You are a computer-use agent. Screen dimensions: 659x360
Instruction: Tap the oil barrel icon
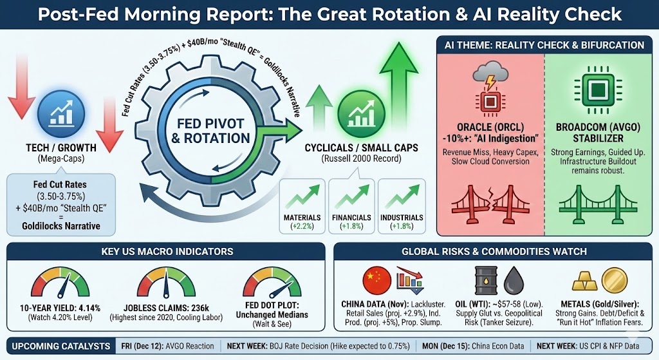[486, 281]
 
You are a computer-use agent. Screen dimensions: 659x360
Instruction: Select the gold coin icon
[615, 280]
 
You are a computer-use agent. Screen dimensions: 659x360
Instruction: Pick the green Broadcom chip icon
[598, 89]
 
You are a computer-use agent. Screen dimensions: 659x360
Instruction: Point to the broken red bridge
[490, 204]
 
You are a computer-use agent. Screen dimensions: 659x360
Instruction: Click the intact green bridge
[598, 204]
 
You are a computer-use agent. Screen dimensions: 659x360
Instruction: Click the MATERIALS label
[302, 218]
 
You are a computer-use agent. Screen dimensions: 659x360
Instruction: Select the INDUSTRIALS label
[402, 218]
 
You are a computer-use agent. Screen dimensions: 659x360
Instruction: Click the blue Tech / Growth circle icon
[61, 113]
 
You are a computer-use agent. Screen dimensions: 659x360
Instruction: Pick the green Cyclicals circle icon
[362, 113]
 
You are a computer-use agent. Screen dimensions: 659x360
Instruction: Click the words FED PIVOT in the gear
[210, 124]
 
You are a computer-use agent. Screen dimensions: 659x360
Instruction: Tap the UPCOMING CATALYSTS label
[61, 346]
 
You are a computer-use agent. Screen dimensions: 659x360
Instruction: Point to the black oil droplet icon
[514, 281]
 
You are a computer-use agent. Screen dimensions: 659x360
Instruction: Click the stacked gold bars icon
[584, 281]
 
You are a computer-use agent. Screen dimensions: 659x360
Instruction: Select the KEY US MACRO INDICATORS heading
[167, 252]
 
